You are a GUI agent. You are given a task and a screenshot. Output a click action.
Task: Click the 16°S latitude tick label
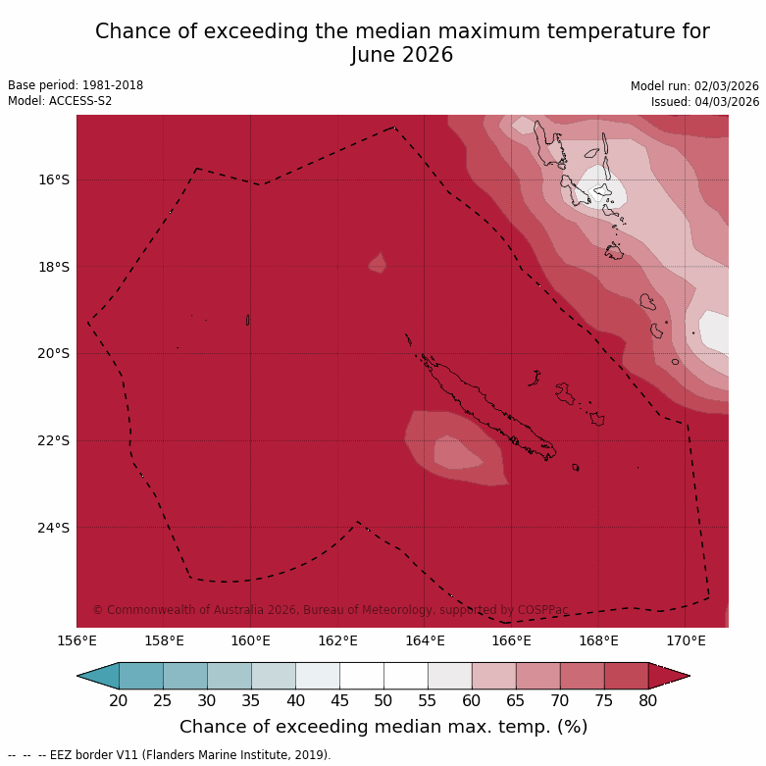tap(54, 179)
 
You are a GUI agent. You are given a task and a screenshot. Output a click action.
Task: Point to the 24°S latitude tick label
tap(54, 528)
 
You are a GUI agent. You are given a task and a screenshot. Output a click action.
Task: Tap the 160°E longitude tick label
tap(250, 640)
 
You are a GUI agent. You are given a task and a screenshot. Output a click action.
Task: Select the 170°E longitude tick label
tap(686, 640)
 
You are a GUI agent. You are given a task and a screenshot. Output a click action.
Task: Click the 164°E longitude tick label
tap(425, 640)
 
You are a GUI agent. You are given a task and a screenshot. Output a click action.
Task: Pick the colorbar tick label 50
tap(383, 700)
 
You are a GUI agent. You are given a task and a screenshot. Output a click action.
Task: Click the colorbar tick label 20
tap(119, 700)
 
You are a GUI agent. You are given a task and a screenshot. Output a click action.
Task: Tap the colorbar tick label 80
tap(648, 700)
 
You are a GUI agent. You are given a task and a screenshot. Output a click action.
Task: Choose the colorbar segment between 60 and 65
tap(493, 676)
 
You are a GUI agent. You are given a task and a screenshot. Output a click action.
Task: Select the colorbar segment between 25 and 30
tap(184, 676)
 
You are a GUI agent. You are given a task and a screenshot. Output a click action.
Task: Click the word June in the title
tap(376, 55)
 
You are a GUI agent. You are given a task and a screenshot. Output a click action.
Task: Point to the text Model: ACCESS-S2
tap(60, 101)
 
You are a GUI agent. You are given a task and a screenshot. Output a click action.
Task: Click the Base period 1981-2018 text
tap(76, 85)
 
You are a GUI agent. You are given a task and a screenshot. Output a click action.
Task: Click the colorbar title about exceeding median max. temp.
tap(383, 727)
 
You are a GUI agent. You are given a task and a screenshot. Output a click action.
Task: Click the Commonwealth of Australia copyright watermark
tap(330, 610)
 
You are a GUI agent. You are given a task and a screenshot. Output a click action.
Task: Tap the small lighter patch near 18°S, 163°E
tap(378, 263)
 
